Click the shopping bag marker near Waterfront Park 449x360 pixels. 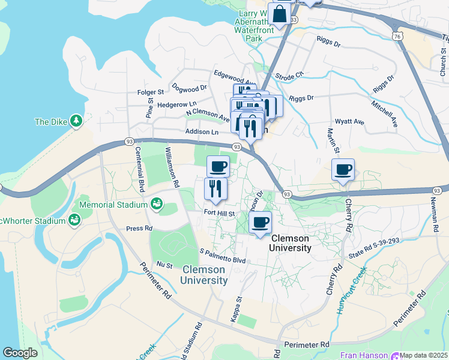click(280, 14)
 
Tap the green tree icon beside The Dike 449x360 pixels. click(76, 122)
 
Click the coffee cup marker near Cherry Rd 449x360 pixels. click(343, 170)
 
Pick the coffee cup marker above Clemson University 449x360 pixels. click(260, 223)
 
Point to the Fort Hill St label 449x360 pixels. click(218, 212)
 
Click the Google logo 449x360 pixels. click(20, 353)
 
